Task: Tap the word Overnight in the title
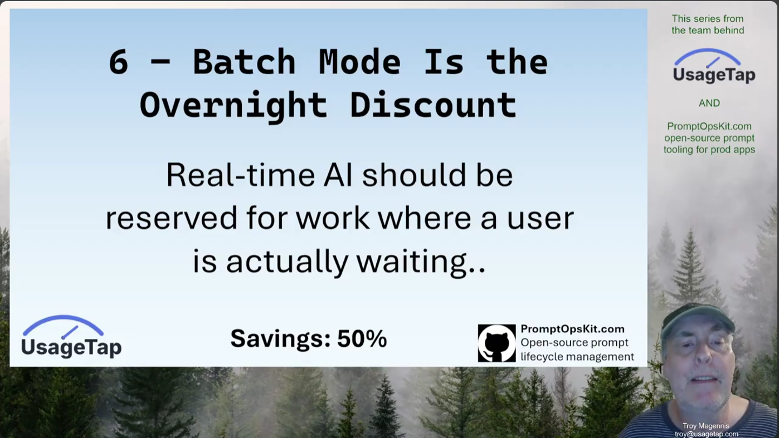pyautogui.click(x=233, y=105)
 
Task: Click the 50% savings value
pyautogui.click(x=362, y=338)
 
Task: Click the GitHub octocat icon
pyautogui.click(x=496, y=343)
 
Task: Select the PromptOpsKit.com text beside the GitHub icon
pyautogui.click(x=572, y=329)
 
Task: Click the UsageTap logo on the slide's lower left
pyautogui.click(x=71, y=337)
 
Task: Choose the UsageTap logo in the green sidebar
pyautogui.click(x=714, y=66)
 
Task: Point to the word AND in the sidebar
pyautogui.click(x=709, y=103)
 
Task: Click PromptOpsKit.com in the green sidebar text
pyautogui.click(x=709, y=126)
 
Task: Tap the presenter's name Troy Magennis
pyautogui.click(x=705, y=426)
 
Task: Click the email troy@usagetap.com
pyautogui.click(x=706, y=434)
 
